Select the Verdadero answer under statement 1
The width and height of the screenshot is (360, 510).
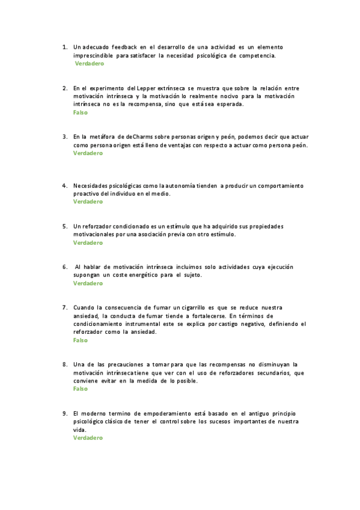tap(89, 63)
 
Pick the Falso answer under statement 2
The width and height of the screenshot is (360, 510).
tap(80, 112)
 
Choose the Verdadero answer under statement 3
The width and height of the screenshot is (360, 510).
tap(88, 153)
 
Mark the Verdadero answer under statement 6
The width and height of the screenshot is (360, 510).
tap(88, 283)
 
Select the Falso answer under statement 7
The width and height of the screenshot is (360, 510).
tap(80, 340)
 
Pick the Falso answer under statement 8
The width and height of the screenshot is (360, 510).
tap(80, 389)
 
